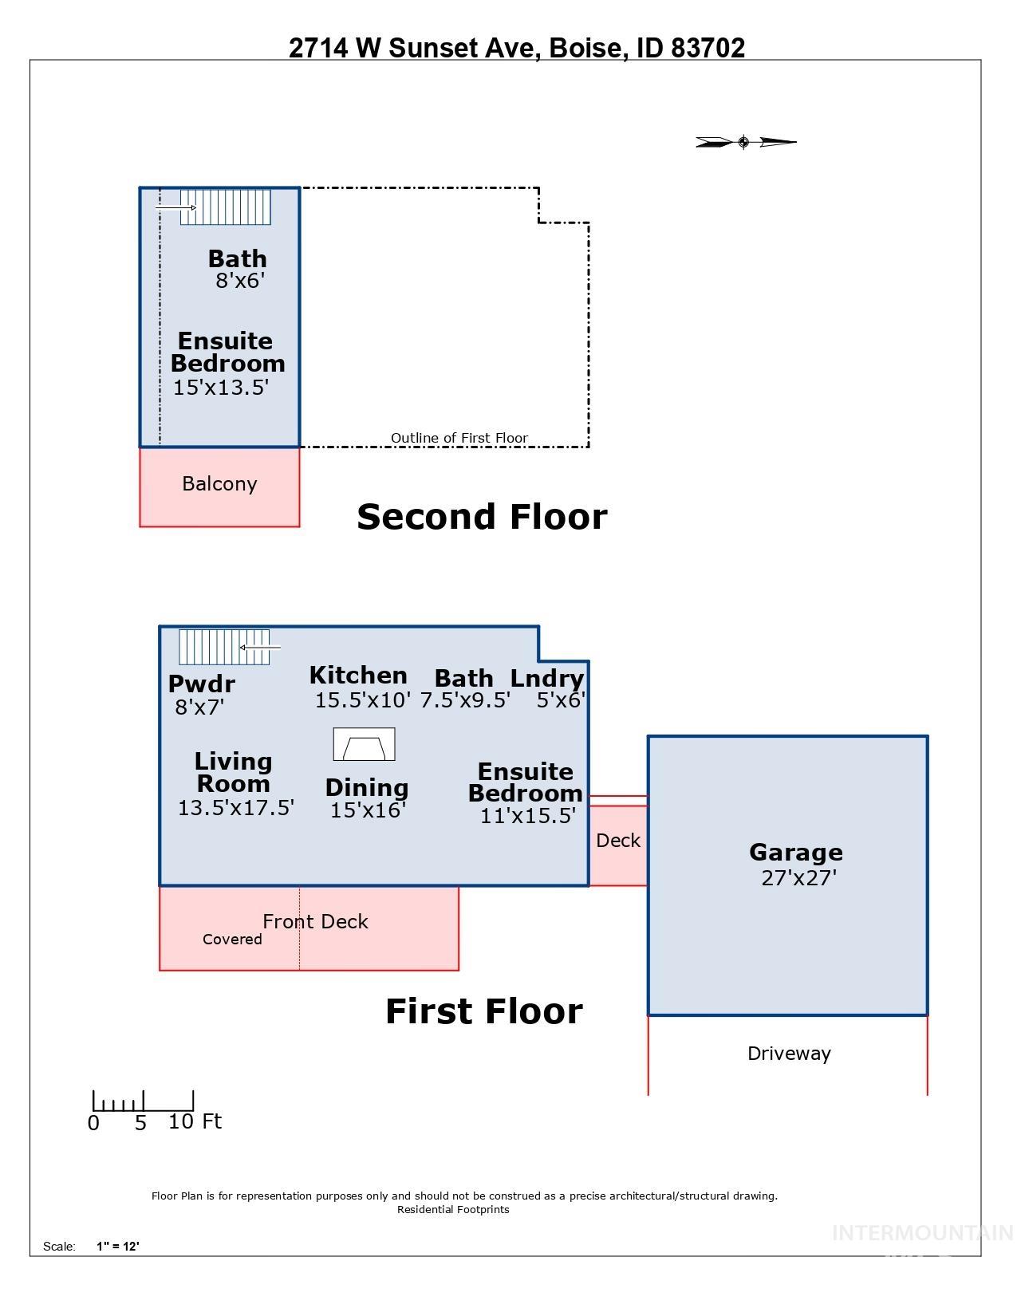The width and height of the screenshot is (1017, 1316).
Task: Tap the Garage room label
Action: pyautogui.click(x=795, y=852)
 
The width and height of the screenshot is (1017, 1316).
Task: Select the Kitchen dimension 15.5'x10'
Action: pyautogui.click(x=363, y=700)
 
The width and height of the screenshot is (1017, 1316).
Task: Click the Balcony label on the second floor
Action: pyautogui.click(x=219, y=483)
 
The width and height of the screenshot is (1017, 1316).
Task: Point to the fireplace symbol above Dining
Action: pyautogui.click(x=364, y=745)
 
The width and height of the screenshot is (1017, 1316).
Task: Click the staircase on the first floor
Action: pyautogui.click(x=223, y=647)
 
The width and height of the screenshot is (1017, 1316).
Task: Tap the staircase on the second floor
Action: pyautogui.click(x=226, y=207)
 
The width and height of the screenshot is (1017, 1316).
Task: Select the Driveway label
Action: pyautogui.click(x=789, y=1053)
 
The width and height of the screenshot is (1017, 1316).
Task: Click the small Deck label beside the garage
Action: pyautogui.click(x=618, y=840)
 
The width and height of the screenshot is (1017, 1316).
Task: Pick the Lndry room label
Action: pyautogui.click(x=547, y=678)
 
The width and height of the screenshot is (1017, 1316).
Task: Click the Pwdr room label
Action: pyautogui.click(x=201, y=684)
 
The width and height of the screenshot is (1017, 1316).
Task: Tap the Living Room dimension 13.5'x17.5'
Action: pyautogui.click(x=236, y=807)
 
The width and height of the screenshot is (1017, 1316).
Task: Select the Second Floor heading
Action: pyautogui.click(x=482, y=516)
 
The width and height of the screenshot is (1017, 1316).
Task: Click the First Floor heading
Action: pyautogui.click(x=484, y=1011)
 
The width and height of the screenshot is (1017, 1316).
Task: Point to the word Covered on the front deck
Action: pyautogui.click(x=232, y=939)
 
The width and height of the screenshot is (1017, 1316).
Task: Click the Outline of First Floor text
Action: pyautogui.click(x=459, y=437)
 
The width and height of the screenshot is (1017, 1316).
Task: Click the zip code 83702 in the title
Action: pyautogui.click(x=708, y=48)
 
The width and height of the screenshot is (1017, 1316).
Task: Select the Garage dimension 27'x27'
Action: pyautogui.click(x=798, y=877)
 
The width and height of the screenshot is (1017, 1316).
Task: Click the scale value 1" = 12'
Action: pyautogui.click(x=118, y=1246)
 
